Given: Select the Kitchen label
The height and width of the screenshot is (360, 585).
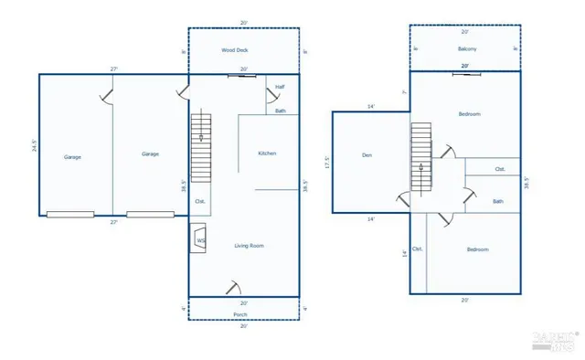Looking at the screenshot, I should click(x=267, y=154).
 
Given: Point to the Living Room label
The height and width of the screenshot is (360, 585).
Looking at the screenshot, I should click(x=250, y=245).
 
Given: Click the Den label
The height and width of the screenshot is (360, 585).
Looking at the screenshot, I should click(x=367, y=155).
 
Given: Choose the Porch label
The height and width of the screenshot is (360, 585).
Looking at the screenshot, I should click(x=240, y=314).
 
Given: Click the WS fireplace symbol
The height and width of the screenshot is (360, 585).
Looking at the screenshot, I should click(x=199, y=241).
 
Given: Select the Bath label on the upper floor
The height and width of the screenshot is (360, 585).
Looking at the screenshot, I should click(x=497, y=202).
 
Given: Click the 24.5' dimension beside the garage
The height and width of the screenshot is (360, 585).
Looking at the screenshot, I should click(x=33, y=145).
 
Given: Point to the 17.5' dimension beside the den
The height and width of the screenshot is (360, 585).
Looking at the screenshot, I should click(x=326, y=163).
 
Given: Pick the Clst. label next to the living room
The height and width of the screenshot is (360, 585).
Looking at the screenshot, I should click(x=200, y=201).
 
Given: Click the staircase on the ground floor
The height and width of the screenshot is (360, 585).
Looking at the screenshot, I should click(x=201, y=147).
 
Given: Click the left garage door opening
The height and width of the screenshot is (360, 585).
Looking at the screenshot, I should click(x=70, y=215).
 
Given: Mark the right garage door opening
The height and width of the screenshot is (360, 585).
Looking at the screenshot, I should click(x=151, y=215).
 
